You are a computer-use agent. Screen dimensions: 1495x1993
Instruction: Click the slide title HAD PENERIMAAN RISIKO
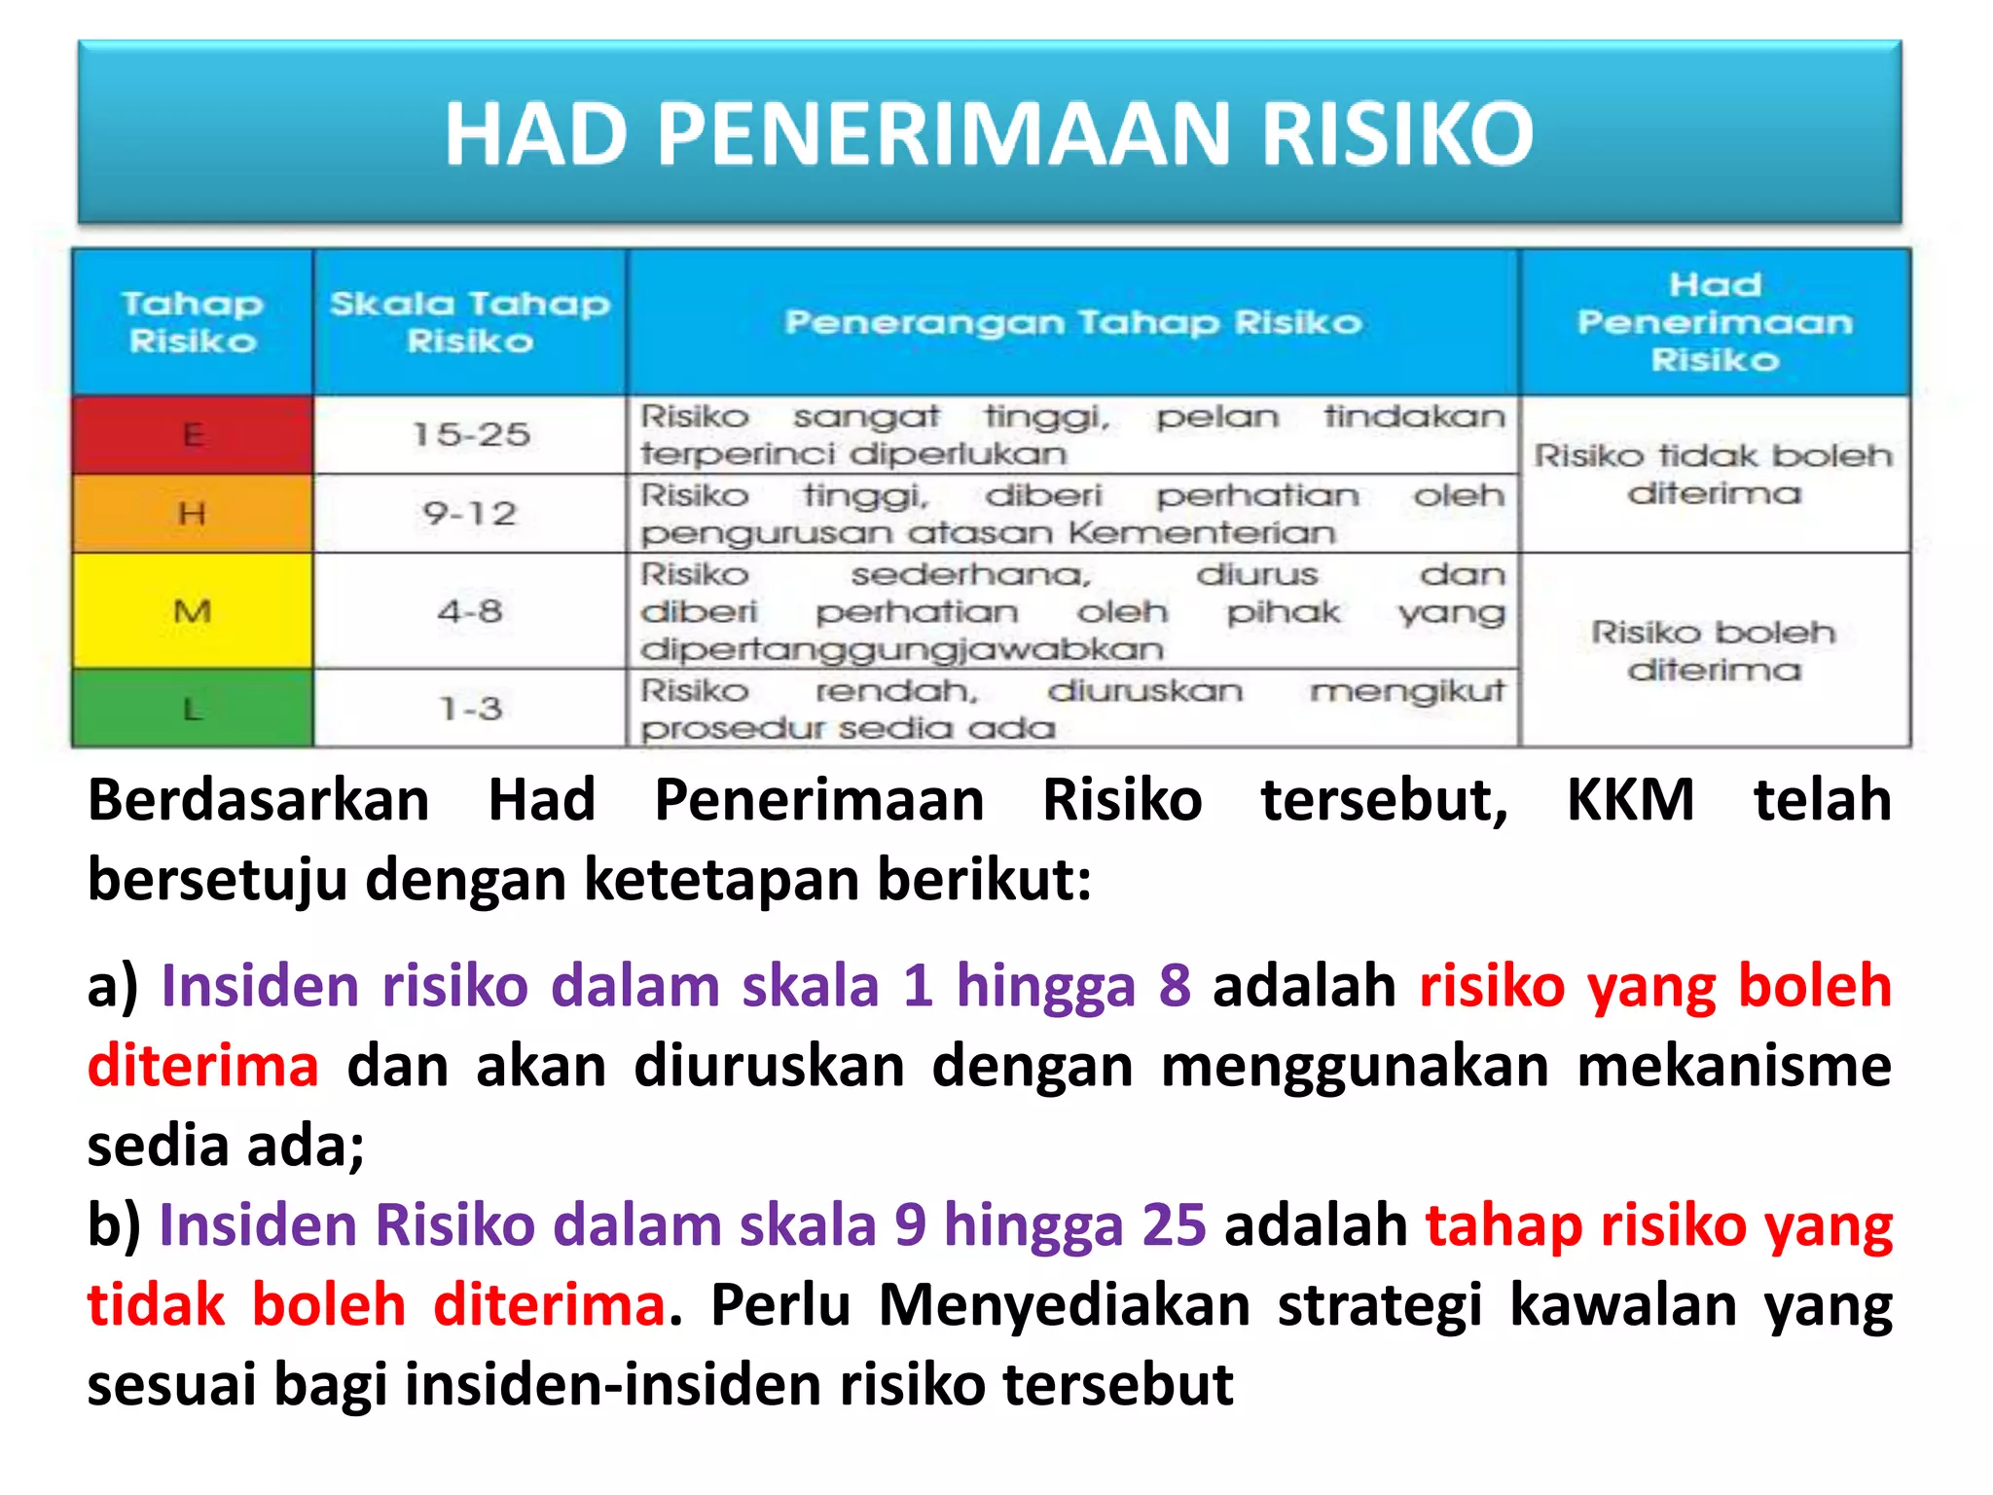click(x=989, y=133)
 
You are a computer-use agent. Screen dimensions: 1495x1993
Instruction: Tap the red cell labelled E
click(x=193, y=434)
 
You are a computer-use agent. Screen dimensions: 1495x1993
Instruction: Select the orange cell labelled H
click(x=193, y=513)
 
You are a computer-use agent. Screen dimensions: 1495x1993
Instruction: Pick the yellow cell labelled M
click(x=193, y=611)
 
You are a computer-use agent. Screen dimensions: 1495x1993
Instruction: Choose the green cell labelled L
click(x=193, y=709)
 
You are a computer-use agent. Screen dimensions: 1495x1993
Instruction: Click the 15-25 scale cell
click(x=471, y=434)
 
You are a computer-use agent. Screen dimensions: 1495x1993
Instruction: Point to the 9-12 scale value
click(x=470, y=513)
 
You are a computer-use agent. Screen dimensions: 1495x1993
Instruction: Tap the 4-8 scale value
click(x=470, y=611)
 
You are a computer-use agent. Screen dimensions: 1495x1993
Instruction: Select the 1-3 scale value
click(x=470, y=709)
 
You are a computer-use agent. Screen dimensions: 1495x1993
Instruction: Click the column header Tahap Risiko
click(x=193, y=322)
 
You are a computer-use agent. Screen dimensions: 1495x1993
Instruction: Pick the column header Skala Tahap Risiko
click(x=470, y=322)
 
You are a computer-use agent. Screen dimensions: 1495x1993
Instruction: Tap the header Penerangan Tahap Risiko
click(x=1073, y=322)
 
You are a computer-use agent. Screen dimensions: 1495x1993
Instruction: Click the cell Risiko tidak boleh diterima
click(x=1715, y=474)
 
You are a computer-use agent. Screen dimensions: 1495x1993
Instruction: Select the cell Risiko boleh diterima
click(x=1715, y=650)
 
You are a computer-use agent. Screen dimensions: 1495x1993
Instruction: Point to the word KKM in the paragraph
click(x=1631, y=800)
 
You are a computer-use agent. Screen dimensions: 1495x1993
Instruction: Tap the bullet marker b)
click(x=113, y=1224)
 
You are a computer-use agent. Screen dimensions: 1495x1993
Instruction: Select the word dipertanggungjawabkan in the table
click(x=902, y=649)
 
